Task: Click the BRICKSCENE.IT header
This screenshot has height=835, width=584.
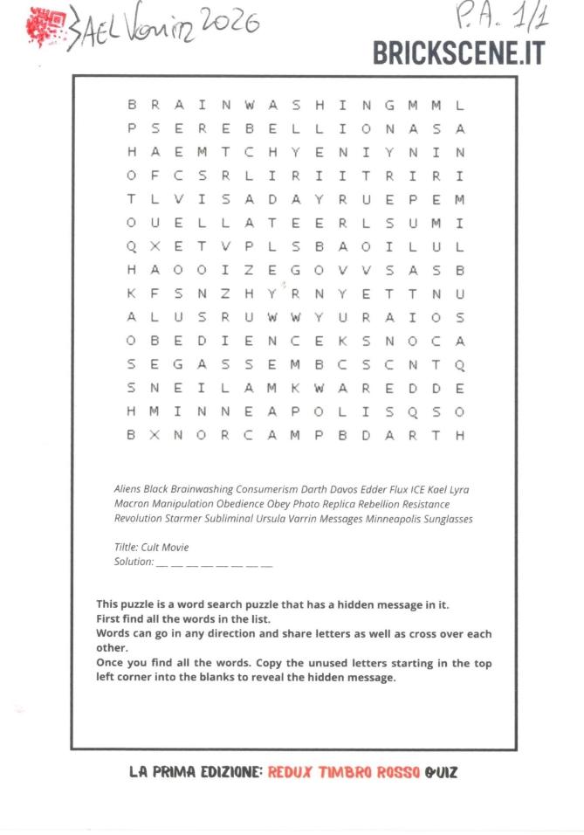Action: coord(458,52)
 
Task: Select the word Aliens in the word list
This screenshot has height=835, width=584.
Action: coord(127,490)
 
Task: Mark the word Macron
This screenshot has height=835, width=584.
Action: coord(131,505)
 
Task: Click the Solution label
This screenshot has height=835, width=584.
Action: coord(134,562)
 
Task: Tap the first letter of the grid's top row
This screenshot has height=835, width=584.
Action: coord(132,106)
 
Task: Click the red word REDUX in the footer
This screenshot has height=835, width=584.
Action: coord(290,772)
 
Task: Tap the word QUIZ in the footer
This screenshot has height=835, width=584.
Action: coord(441,772)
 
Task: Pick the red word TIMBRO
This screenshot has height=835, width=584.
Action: coord(347,772)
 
